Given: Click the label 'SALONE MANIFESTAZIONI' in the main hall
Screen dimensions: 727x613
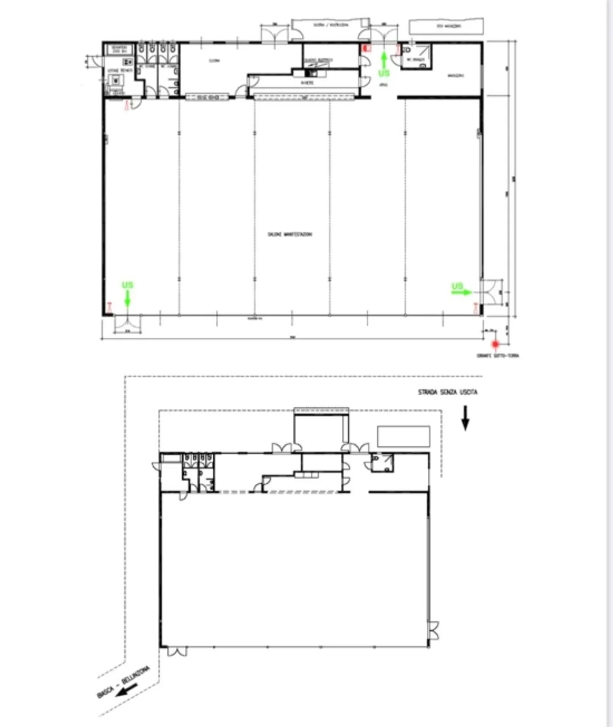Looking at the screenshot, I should pyautogui.click(x=289, y=234).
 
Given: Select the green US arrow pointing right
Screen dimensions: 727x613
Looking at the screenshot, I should pyautogui.click(x=462, y=292).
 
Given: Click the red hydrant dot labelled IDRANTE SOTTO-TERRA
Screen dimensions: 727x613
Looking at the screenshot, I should pyautogui.click(x=495, y=344).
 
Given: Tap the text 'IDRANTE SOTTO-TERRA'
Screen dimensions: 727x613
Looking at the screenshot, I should pyautogui.click(x=498, y=356).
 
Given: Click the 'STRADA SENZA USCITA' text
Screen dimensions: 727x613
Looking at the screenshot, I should pyautogui.click(x=447, y=392).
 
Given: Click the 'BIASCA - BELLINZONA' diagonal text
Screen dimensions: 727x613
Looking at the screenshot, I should pyautogui.click(x=123, y=682).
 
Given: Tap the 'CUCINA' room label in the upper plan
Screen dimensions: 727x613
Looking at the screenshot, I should pyautogui.click(x=214, y=61).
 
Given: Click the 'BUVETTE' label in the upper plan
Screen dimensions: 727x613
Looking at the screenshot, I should pyautogui.click(x=307, y=83).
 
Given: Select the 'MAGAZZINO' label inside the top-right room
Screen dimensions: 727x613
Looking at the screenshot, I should pyautogui.click(x=455, y=76).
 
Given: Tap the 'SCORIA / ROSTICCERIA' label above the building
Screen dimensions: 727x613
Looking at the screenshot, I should pyautogui.click(x=331, y=25).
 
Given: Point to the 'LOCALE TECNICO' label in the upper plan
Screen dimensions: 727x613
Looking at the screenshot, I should pyautogui.click(x=120, y=70).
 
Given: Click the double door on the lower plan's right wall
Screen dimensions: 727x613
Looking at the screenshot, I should pyautogui.click(x=434, y=630).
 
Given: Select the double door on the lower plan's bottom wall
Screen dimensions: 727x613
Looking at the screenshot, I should pyautogui.click(x=177, y=652).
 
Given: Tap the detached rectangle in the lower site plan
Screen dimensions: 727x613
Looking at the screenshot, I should pyautogui.click(x=404, y=436).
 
